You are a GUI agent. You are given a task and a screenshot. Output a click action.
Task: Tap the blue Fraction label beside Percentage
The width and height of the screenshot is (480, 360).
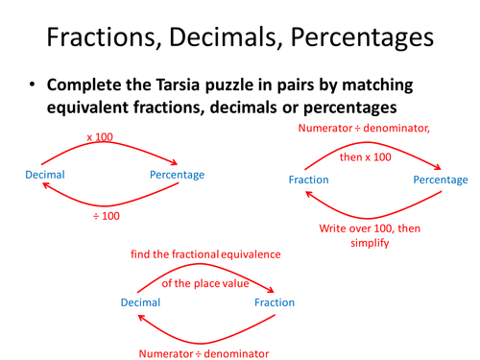[309, 180]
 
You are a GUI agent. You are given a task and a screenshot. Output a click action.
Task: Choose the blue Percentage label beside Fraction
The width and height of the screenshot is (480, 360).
[441, 180]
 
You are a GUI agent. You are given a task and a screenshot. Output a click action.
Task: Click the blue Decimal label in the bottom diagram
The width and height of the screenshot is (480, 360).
[142, 302]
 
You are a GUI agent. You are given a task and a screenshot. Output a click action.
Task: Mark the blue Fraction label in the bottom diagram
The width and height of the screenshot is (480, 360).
[275, 302]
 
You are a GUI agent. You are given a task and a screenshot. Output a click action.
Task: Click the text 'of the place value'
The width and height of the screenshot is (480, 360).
[204, 283]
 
